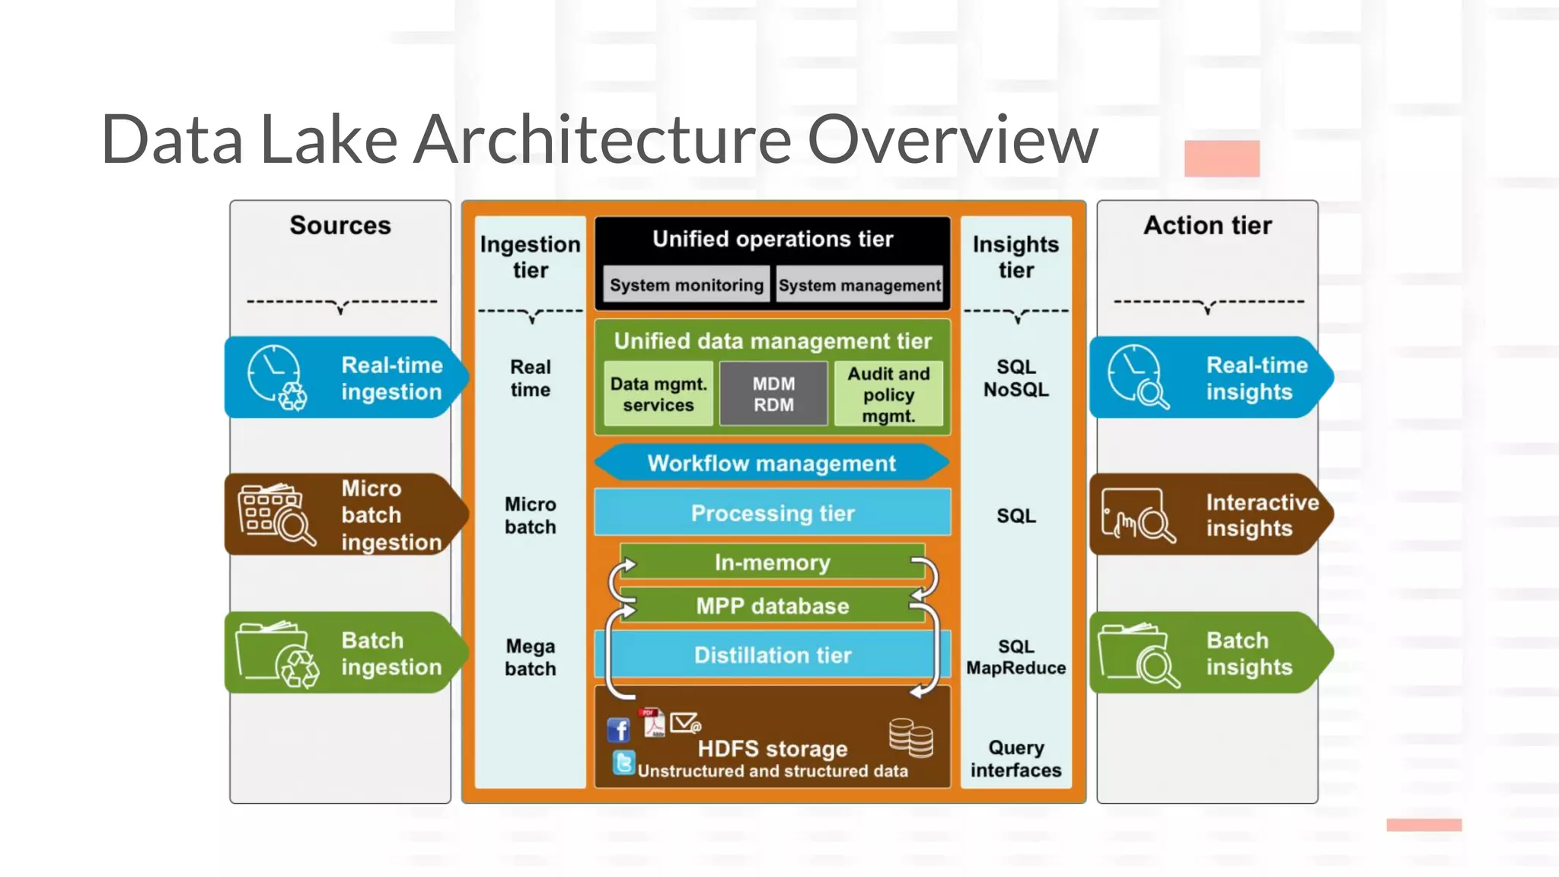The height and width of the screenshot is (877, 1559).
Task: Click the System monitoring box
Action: [x=686, y=285]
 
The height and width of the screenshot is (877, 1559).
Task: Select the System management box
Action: [x=859, y=285]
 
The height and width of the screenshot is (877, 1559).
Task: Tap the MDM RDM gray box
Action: [x=773, y=394]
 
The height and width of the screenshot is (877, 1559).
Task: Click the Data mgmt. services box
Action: [x=658, y=394]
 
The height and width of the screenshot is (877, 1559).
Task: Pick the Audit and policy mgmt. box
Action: [x=888, y=394]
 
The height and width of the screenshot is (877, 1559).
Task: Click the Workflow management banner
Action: [x=771, y=463]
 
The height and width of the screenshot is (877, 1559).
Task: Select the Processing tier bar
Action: [x=772, y=512]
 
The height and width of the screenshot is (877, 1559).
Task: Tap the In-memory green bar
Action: [x=772, y=562]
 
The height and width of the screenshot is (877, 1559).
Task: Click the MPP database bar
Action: [x=772, y=606]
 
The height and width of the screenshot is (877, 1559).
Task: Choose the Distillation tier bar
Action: [x=772, y=655]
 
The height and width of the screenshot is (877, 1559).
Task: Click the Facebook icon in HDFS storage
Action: [x=619, y=729]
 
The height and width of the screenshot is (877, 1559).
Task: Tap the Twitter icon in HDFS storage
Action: [x=623, y=762]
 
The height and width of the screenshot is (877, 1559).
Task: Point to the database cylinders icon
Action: [x=911, y=737]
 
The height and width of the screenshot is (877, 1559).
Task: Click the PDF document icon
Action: [x=653, y=723]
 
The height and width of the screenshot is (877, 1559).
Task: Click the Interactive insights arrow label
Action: [x=1210, y=515]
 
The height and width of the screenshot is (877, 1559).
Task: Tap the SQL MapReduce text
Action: [x=1015, y=657]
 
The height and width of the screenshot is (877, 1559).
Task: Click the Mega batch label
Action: [x=531, y=657]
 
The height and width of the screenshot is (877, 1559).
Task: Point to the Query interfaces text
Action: [x=1015, y=758]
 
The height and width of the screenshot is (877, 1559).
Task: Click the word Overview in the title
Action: [x=952, y=140]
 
